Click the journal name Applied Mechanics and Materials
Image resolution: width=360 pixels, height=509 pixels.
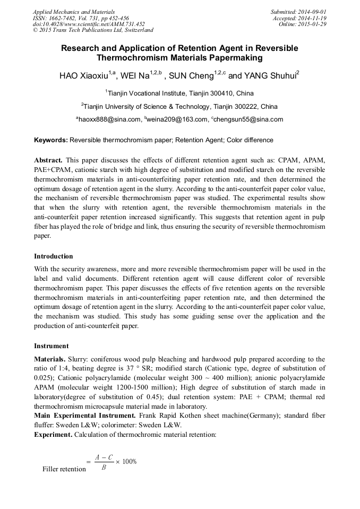point(74,12)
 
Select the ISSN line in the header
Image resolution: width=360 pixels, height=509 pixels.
point(81,18)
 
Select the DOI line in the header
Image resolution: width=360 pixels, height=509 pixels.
point(89,24)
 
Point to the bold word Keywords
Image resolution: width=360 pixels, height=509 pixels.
point(50,140)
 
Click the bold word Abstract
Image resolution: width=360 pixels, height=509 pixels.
point(49,160)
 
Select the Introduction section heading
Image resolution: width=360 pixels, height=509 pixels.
point(53,256)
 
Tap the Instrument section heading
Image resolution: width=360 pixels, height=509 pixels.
point(51,346)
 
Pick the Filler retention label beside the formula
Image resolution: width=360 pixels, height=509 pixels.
point(64,469)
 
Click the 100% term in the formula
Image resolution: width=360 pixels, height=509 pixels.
point(129,461)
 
